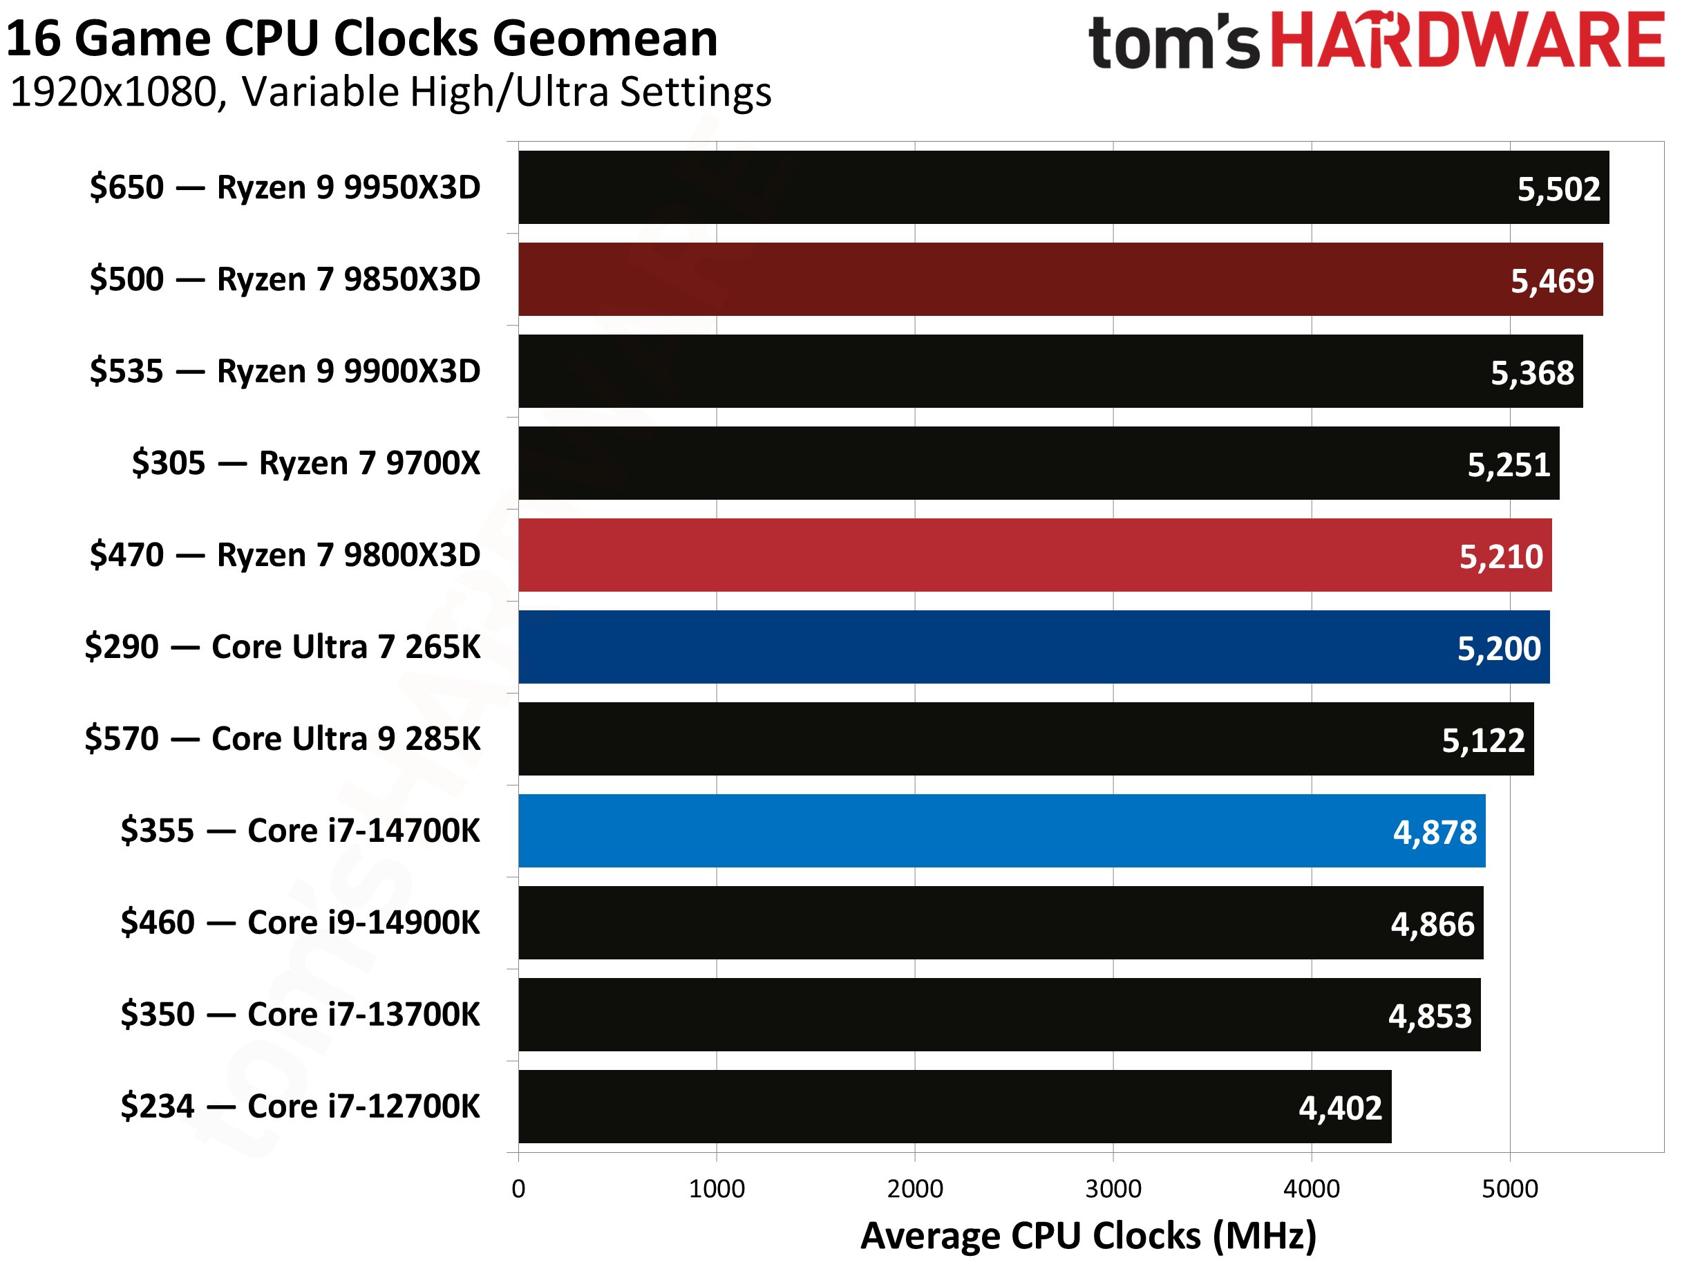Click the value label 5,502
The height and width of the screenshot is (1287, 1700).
1558,189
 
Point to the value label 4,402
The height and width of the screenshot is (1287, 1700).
1339,1108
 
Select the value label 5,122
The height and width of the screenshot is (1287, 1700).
1482,740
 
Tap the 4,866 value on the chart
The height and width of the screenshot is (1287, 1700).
1432,924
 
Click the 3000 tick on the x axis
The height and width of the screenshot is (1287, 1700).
1113,1189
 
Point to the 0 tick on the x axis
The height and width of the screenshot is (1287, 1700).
519,1189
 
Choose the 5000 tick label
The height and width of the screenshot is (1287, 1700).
1509,1189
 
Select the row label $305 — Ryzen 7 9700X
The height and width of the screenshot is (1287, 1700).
306,463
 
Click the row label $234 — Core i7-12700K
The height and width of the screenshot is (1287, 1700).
300,1107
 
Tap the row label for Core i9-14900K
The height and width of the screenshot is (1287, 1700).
300,923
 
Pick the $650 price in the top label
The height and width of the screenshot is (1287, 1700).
126,187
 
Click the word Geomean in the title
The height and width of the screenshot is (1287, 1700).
605,39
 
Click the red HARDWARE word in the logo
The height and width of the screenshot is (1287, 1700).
1466,40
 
